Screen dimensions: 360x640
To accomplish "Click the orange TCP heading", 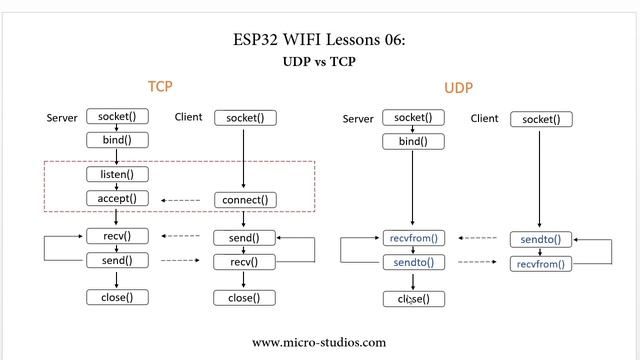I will pyautogui.click(x=160, y=87).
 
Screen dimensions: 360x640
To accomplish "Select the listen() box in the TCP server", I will pyautogui.click(x=117, y=174).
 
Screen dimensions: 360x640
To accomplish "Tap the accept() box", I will pyautogui.click(x=117, y=198).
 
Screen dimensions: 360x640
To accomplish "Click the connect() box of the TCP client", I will pyautogui.click(x=245, y=200).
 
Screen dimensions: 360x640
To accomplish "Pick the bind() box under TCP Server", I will pyautogui.click(x=117, y=139).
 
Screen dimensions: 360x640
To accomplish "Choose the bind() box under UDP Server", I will pyautogui.click(x=413, y=141).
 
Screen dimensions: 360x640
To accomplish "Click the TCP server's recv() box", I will pyautogui.click(x=117, y=236).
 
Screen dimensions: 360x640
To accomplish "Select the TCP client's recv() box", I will pyautogui.click(x=245, y=262).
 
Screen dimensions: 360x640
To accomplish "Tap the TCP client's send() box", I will pyautogui.click(x=245, y=238).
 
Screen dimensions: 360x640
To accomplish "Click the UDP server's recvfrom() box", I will pyautogui.click(x=413, y=238).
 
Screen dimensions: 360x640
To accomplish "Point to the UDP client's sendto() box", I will pyautogui.click(x=541, y=240).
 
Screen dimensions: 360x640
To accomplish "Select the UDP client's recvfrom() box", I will pyautogui.click(x=541, y=264).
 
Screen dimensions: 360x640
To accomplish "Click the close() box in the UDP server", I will pyautogui.click(x=413, y=299).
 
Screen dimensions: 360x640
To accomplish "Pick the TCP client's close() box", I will pyautogui.click(x=245, y=298).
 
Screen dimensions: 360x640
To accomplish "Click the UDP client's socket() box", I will pyautogui.click(x=541, y=119).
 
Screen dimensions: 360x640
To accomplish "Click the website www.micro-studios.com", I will pyautogui.click(x=319, y=342).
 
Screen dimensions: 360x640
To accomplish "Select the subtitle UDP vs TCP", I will pyautogui.click(x=319, y=61).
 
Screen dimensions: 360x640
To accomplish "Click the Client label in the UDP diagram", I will pyautogui.click(x=484, y=119).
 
